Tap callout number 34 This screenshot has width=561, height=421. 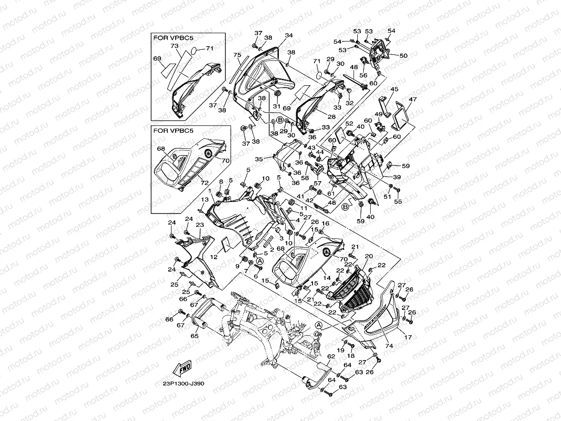click(289, 36)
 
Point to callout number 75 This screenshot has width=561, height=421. click(237, 55)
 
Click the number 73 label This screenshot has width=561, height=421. click(174, 46)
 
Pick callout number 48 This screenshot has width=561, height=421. click(354, 67)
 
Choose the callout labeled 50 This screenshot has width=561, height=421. click(403, 55)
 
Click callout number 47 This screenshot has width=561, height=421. click(413, 99)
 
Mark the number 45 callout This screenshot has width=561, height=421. click(395, 89)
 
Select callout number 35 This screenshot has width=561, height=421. click(259, 159)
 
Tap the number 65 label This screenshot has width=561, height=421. click(195, 336)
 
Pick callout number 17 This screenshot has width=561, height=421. click(408, 338)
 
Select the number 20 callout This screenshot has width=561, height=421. click(369, 256)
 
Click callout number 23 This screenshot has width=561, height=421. click(200, 225)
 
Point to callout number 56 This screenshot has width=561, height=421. click(363, 75)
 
